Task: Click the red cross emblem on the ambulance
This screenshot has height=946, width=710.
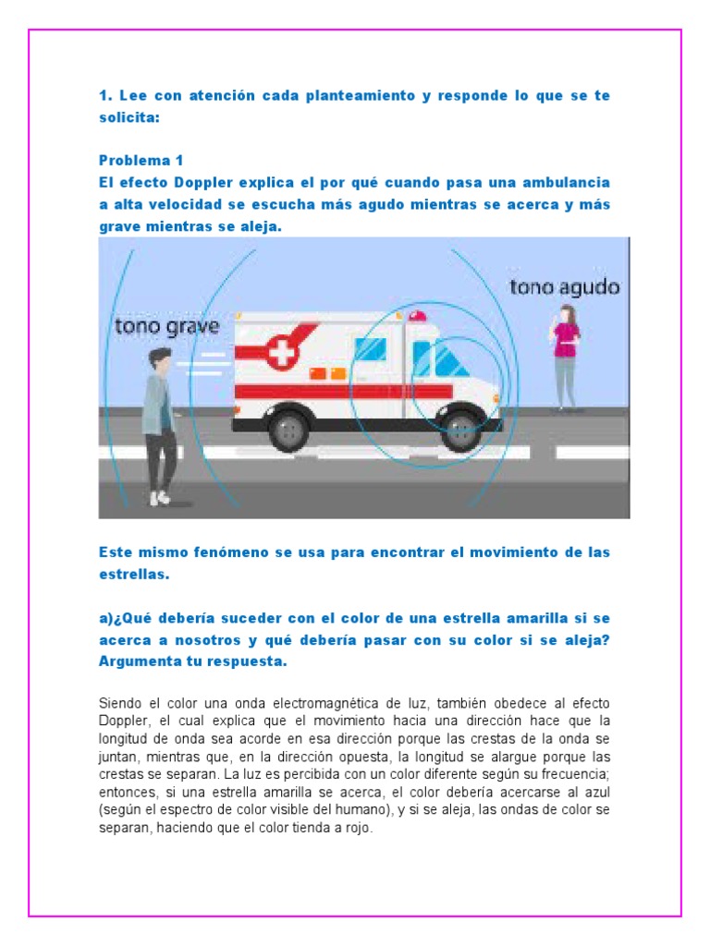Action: tap(278, 352)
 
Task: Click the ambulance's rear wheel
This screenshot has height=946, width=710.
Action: tap(291, 430)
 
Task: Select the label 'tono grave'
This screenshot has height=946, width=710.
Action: tap(166, 327)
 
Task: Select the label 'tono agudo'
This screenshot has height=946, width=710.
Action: tap(564, 287)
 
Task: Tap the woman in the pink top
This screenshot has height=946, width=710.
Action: tap(565, 356)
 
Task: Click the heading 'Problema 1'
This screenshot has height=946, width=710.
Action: tap(141, 161)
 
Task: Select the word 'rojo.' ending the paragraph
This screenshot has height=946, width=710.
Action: tap(356, 828)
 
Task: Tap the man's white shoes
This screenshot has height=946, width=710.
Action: tap(161, 498)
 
